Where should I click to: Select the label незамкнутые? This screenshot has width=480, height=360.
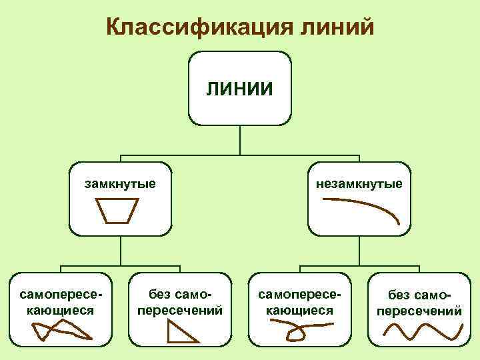360,183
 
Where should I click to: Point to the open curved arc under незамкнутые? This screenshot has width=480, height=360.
363,211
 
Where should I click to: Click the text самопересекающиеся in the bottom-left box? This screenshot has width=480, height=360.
61,302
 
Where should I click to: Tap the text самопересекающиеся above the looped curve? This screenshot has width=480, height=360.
300,302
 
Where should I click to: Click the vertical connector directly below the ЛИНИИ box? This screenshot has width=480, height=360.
240,141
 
